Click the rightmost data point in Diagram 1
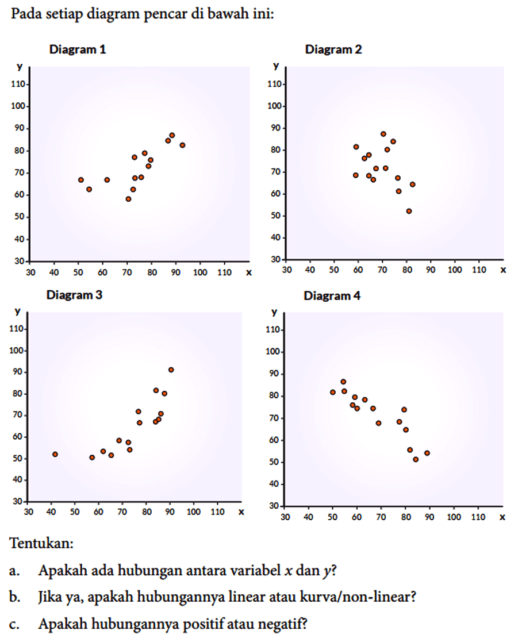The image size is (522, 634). click(182, 145)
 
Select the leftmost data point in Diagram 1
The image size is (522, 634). click(81, 180)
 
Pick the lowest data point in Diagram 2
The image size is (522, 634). click(409, 211)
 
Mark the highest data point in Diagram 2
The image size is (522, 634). click(383, 134)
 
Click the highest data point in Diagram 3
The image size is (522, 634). click(171, 370)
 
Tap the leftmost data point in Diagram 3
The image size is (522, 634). click(55, 454)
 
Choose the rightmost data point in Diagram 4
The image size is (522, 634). click(427, 453)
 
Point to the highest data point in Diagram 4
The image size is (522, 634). click(343, 382)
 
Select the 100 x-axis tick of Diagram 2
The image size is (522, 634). click(455, 269)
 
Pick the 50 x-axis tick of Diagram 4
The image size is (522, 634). click(332, 517)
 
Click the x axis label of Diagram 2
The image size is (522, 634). click(503, 269)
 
